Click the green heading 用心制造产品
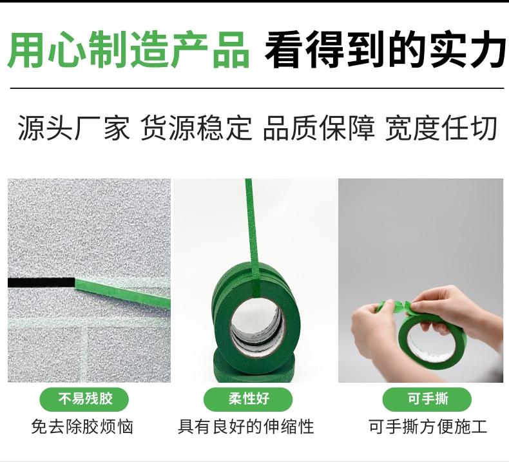[128, 50]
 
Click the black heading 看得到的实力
[385, 50]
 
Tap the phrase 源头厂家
[73, 128]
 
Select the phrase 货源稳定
[197, 128]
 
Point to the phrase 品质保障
[319, 128]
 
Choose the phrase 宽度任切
[441, 128]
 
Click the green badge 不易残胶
[84, 399]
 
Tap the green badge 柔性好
[248, 399]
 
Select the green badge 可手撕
[427, 399]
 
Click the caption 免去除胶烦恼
[82, 427]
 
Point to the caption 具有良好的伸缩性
[246, 427]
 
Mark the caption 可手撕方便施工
[428, 427]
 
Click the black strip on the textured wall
[41, 282]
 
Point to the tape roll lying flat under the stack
[254, 366]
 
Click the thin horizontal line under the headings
[257, 88]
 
